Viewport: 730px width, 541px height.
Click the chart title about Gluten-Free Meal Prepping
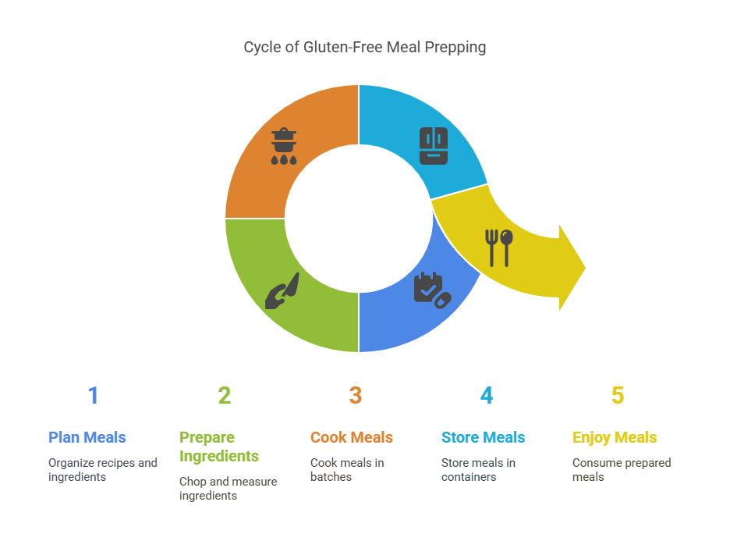click(x=364, y=48)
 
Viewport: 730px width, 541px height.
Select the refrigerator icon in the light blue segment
click(x=434, y=145)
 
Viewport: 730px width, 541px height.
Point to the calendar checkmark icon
click(x=430, y=289)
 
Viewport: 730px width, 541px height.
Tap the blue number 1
click(x=93, y=396)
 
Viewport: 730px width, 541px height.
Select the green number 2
click(x=225, y=396)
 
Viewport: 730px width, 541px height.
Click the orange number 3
click(x=356, y=396)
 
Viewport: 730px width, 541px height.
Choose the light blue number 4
click(x=487, y=396)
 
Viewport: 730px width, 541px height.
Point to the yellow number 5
click(x=618, y=396)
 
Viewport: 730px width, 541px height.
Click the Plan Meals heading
click(x=87, y=437)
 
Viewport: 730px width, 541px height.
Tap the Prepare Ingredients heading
click(x=219, y=447)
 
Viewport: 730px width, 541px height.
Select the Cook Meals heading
click(x=352, y=437)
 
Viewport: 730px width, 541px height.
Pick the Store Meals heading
click(x=484, y=437)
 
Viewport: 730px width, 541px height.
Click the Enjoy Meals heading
click(x=615, y=437)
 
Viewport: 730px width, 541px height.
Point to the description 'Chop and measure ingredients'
click(x=229, y=489)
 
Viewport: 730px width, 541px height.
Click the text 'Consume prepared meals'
click(x=622, y=469)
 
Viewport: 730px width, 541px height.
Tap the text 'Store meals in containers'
click(x=478, y=469)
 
